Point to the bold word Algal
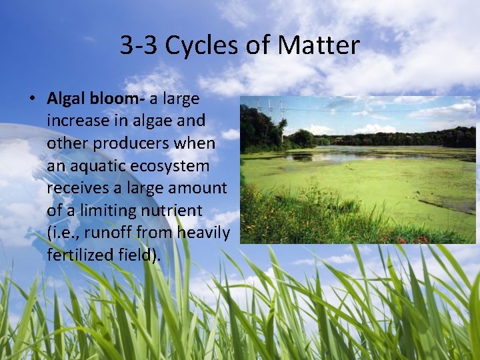(x=64, y=99)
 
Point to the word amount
(x=197, y=188)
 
